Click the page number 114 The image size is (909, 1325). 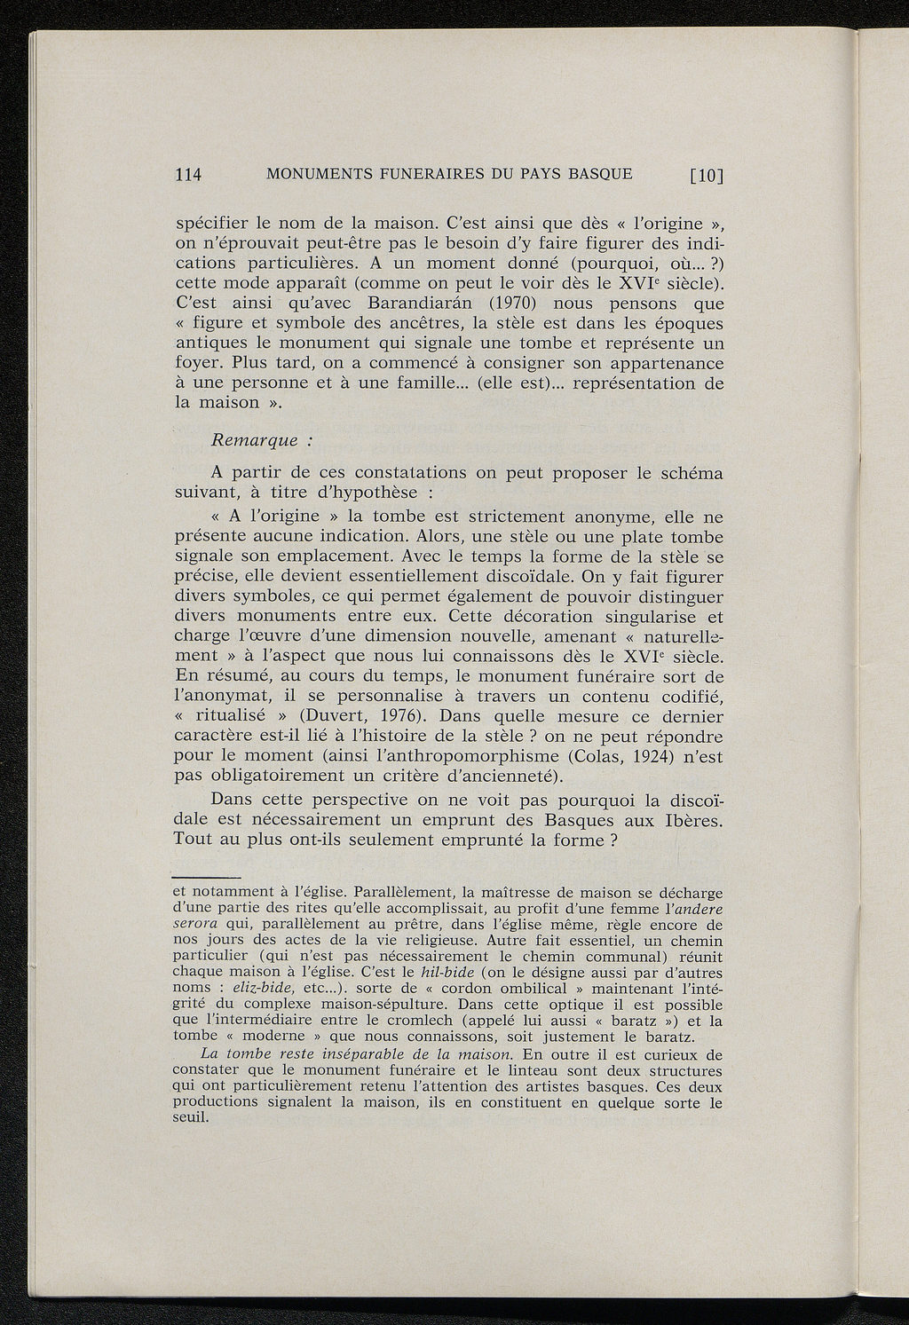189,175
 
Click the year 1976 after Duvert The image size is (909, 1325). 398,716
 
